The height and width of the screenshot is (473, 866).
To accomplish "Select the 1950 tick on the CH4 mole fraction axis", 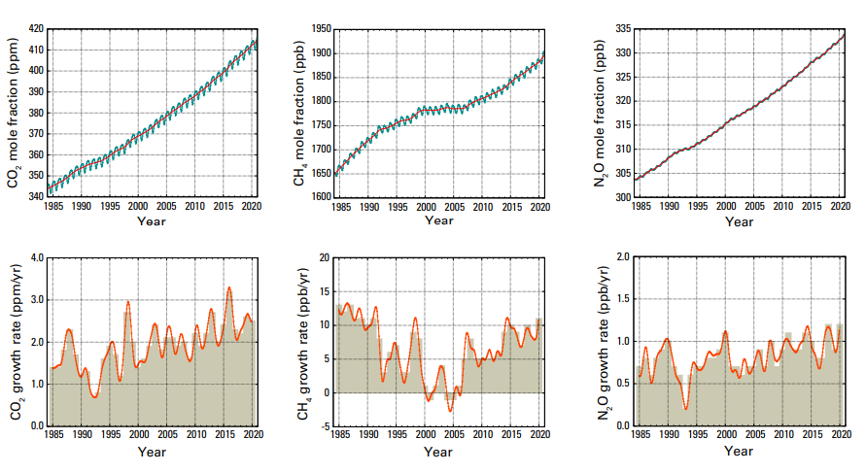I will (321, 29).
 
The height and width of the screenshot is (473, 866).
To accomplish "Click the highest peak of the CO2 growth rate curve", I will (229, 287).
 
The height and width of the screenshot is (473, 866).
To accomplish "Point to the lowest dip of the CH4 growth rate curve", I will (450, 411).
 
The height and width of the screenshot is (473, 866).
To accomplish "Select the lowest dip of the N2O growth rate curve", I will (685, 409).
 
